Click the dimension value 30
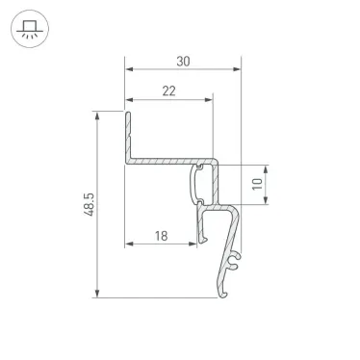point(183,61)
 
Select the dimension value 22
point(168,90)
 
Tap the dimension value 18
point(161,234)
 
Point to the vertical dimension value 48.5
point(86,205)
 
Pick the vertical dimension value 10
point(256,183)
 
